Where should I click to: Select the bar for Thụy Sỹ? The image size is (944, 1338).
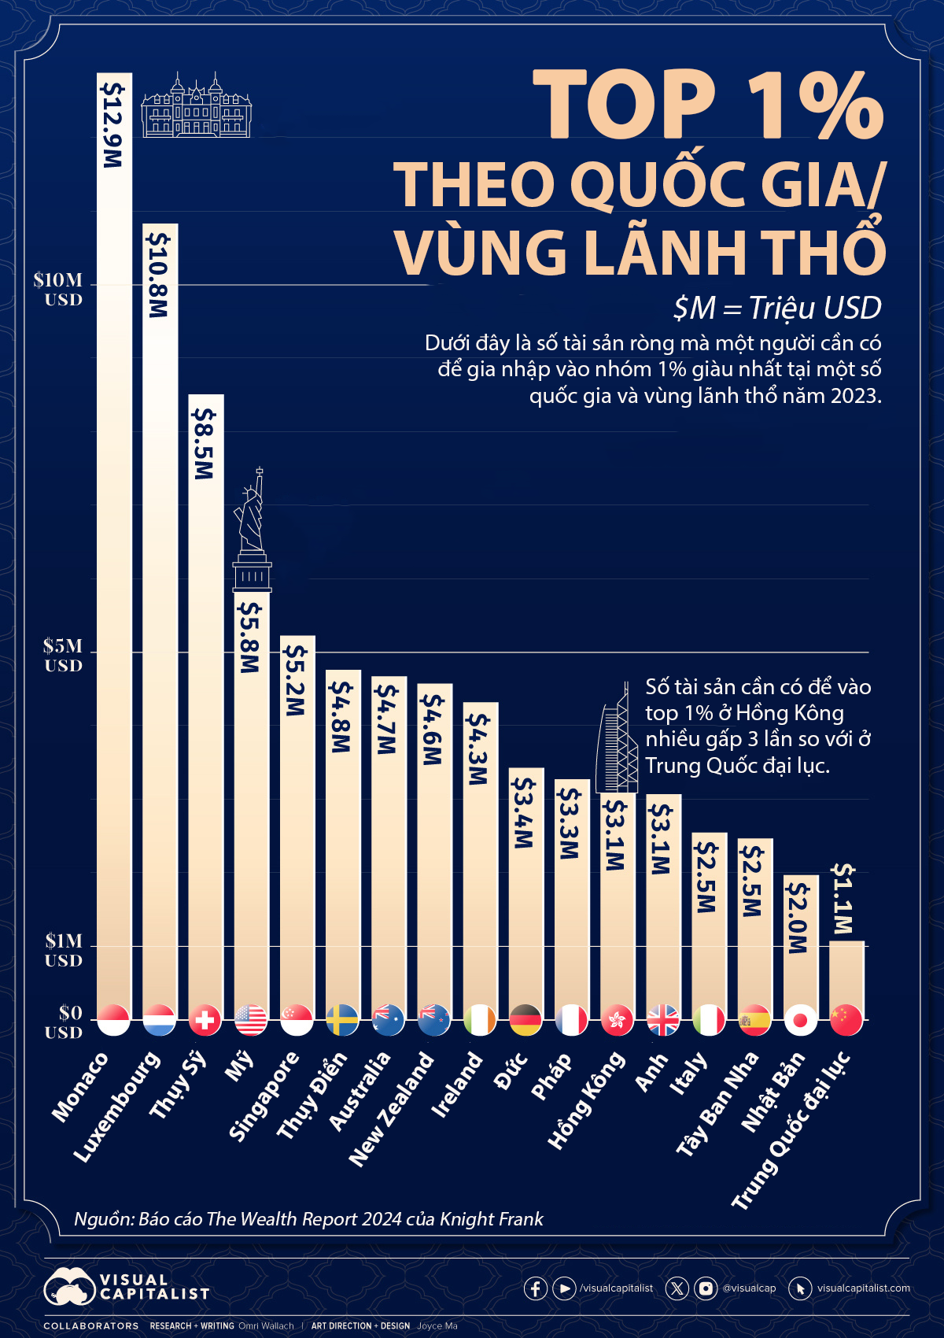[x=205, y=708]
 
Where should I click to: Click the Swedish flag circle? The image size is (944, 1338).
[x=342, y=1020]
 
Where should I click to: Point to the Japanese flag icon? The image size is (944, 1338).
[x=800, y=1020]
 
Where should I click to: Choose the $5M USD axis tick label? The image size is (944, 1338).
[x=63, y=655]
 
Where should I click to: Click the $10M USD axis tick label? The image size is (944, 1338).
[x=58, y=289]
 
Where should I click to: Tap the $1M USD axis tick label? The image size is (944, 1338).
[x=63, y=950]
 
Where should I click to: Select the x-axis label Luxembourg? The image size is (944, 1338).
[x=118, y=1106]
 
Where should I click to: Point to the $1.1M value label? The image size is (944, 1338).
[x=844, y=899]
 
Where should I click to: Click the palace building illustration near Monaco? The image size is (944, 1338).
[x=196, y=106]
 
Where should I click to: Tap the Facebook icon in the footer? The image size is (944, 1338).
[x=536, y=1288]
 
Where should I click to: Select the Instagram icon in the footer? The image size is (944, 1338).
[x=706, y=1288]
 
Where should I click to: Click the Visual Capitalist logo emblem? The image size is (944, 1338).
[x=69, y=1288]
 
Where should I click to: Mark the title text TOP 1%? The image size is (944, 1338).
[x=708, y=105]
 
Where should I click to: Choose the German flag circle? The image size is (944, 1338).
[x=525, y=1020]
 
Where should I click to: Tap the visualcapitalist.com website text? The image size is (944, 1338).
[x=863, y=1288]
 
